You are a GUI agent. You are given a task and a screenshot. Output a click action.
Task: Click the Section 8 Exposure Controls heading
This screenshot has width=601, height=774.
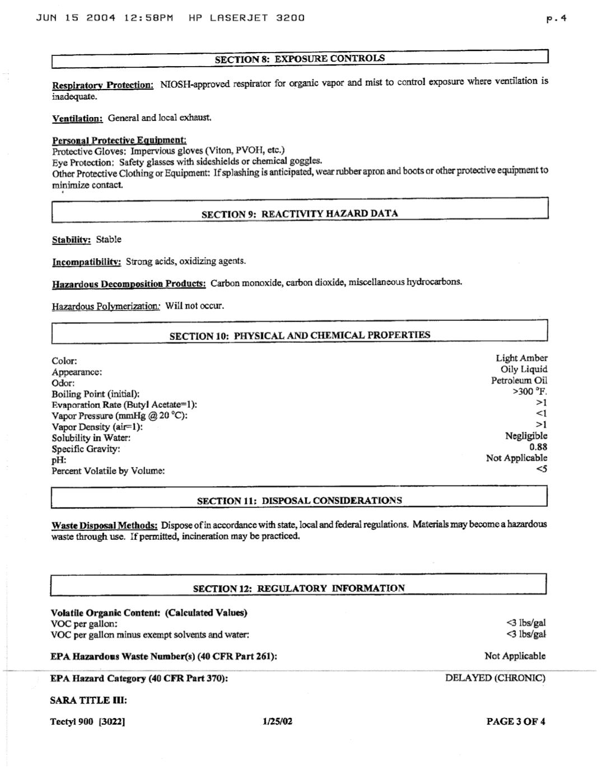(300, 58)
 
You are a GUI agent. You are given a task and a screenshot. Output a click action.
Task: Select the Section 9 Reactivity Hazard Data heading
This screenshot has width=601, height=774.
(300, 213)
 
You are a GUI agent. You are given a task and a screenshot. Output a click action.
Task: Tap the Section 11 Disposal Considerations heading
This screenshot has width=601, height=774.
(299, 500)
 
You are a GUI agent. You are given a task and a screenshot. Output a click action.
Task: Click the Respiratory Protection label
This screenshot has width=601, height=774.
(103, 85)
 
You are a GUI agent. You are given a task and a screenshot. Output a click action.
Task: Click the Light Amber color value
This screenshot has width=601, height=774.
(521, 358)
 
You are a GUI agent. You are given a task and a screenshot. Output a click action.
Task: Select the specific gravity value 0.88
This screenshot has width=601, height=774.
(538, 447)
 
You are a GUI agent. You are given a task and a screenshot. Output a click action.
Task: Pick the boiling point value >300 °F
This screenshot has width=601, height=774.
(529, 391)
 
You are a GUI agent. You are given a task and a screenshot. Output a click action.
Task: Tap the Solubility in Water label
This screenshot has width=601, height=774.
(91, 438)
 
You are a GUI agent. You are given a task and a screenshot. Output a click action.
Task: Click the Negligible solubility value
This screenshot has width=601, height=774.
(526, 436)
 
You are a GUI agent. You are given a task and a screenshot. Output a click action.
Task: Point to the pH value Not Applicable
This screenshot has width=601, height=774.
(516, 458)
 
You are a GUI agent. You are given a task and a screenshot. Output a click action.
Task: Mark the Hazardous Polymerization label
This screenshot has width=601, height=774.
(106, 306)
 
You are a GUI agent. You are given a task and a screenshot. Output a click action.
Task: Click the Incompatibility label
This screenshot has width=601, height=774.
(86, 262)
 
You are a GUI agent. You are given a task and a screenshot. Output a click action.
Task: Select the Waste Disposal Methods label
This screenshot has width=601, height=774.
(104, 525)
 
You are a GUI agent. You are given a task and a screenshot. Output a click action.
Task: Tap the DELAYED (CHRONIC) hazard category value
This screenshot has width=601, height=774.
(495, 678)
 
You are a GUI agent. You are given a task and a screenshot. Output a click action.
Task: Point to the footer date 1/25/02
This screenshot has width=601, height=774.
(277, 721)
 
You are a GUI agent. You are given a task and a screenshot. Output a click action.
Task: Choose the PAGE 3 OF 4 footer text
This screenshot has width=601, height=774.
(516, 721)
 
